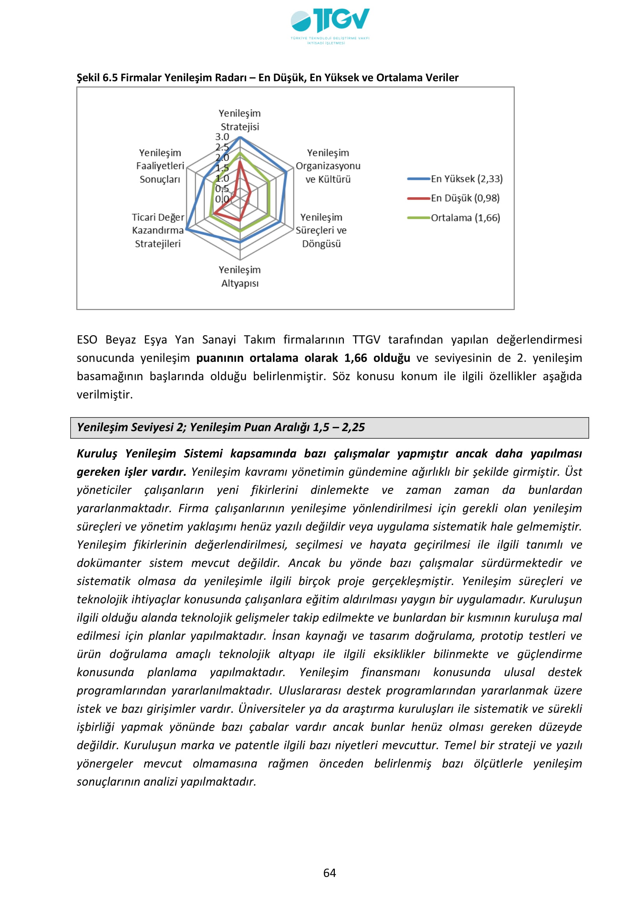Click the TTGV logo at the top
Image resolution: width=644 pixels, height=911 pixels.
pyautogui.click(x=330, y=25)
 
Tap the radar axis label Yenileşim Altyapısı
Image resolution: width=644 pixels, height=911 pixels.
pyautogui.click(x=239, y=277)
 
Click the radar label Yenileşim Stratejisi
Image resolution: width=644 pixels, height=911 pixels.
pyautogui.click(x=239, y=120)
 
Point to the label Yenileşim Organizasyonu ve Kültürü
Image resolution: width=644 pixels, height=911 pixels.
pyautogui.click(x=328, y=166)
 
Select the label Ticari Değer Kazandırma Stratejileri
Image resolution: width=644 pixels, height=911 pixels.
pyautogui.click(x=158, y=230)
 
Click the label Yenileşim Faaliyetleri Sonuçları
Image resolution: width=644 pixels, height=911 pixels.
pyautogui.click(x=160, y=166)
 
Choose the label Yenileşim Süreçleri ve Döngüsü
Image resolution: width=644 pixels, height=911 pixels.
pyautogui.click(x=321, y=230)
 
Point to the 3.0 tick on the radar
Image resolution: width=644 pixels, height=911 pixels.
pyautogui.click(x=222, y=137)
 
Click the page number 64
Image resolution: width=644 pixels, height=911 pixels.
pyautogui.click(x=329, y=872)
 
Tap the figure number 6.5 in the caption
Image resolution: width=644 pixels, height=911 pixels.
pyautogui.click(x=110, y=78)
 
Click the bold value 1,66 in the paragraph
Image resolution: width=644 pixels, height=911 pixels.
pyautogui.click(x=355, y=358)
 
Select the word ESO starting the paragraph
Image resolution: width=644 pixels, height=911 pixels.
pyautogui.click(x=87, y=340)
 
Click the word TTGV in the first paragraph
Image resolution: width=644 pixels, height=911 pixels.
pyautogui.click(x=366, y=340)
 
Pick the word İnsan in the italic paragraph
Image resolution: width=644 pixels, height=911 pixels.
pyautogui.click(x=285, y=636)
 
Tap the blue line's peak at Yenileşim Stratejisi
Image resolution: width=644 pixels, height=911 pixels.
pyautogui.click(x=240, y=137)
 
